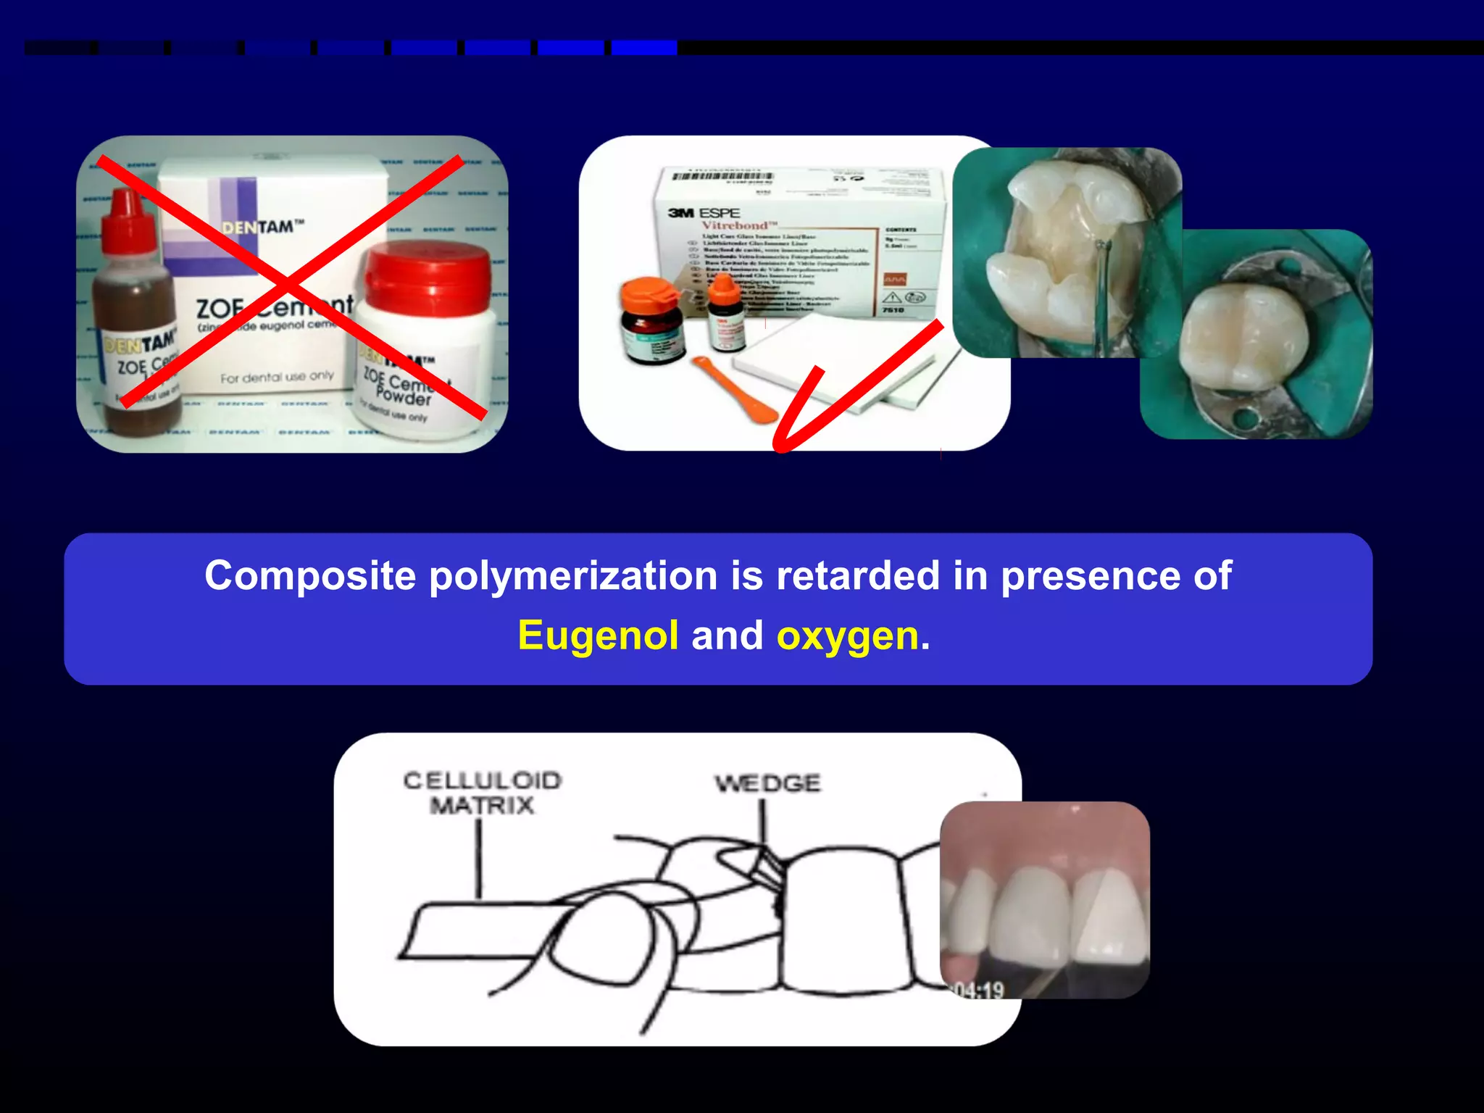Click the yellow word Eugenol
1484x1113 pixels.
[x=598, y=636]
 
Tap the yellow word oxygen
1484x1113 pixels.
[x=847, y=636]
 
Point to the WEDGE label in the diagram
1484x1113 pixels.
[x=767, y=783]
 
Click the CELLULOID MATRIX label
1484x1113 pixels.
[x=482, y=793]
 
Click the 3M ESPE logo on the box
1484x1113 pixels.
[x=704, y=212]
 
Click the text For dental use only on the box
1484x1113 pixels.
[x=277, y=378]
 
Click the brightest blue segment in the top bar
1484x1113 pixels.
[x=643, y=48]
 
